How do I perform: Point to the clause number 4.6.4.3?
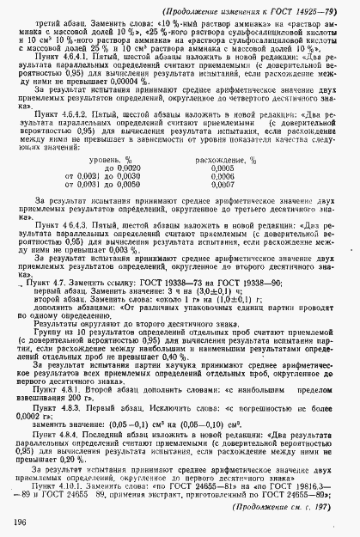point(75,223)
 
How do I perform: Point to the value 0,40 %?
point(213,354)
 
